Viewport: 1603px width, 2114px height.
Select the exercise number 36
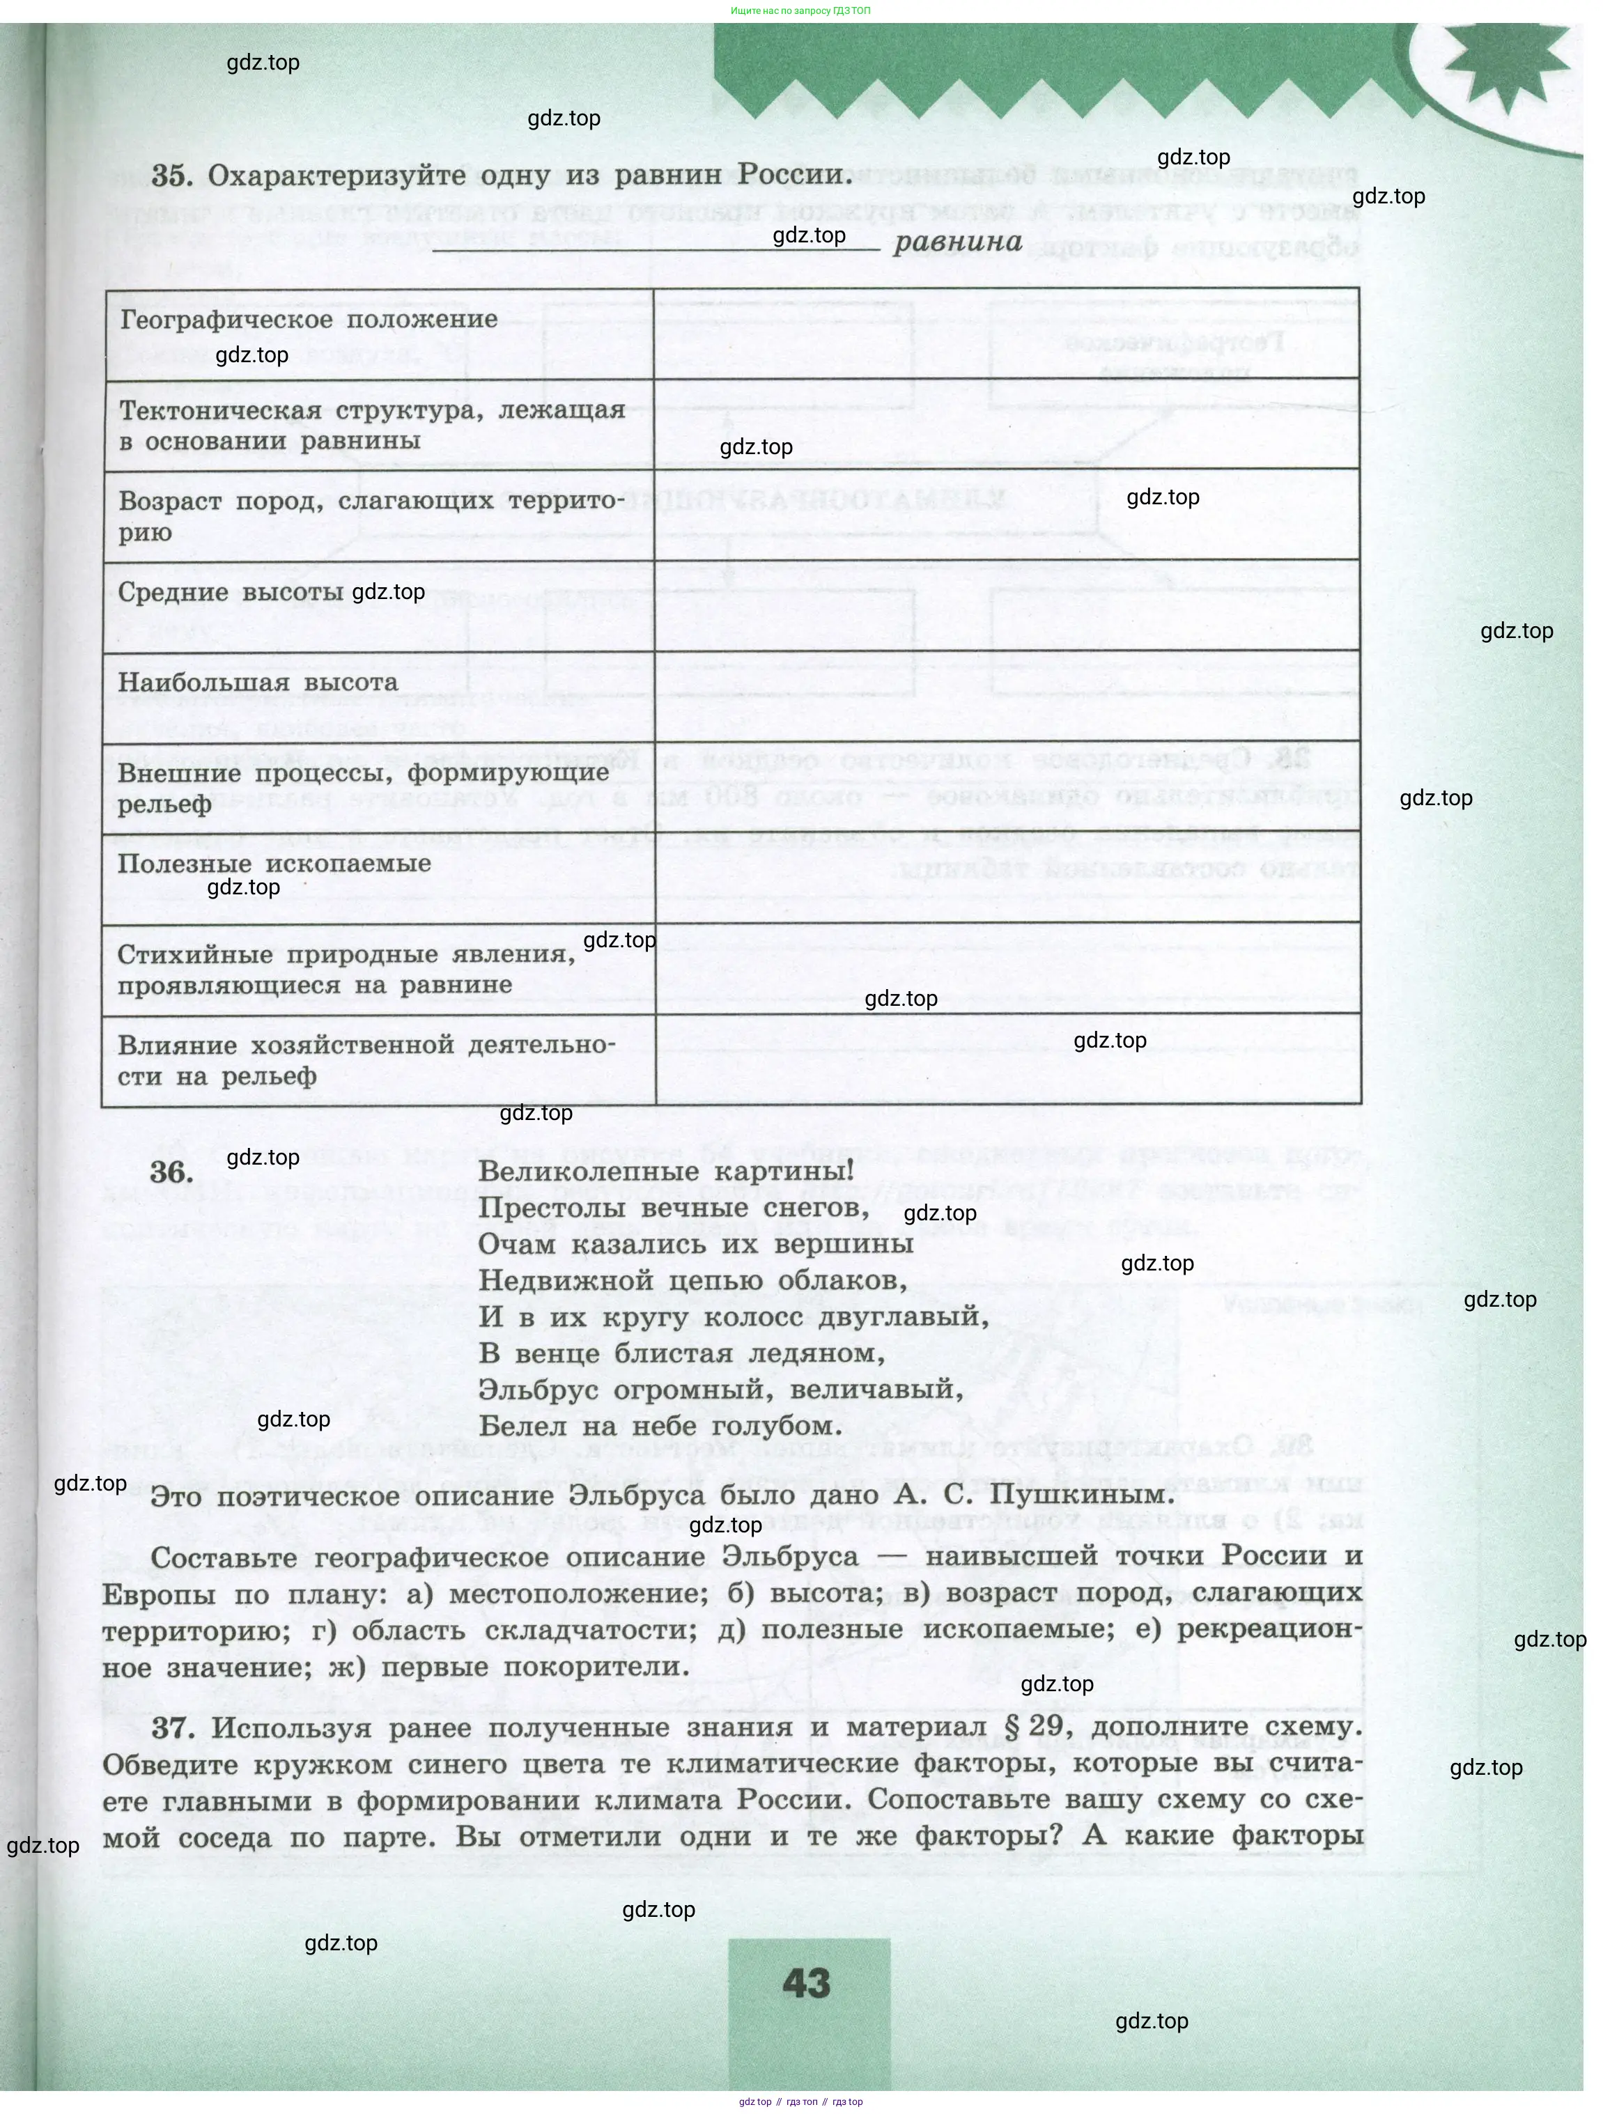tap(172, 1173)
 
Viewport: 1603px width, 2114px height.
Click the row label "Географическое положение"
tap(309, 319)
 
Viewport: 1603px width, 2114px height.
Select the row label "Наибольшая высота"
tap(258, 683)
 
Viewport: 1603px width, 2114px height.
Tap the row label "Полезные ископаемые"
tap(274, 864)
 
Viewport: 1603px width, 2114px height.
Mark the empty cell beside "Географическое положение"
tap(1007, 332)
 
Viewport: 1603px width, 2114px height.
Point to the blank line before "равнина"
tap(657, 247)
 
